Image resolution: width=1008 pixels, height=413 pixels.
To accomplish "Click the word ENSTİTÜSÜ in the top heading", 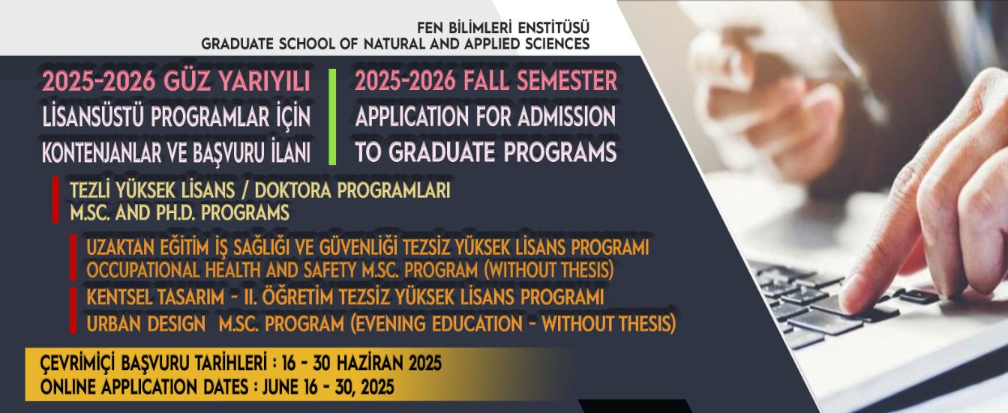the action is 553,28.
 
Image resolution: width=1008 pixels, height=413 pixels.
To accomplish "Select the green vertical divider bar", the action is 332,116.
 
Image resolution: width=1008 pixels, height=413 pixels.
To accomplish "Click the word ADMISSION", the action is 566,116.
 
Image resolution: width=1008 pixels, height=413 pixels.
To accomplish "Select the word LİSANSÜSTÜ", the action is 93,117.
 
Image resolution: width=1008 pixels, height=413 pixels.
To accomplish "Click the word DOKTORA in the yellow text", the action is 293,190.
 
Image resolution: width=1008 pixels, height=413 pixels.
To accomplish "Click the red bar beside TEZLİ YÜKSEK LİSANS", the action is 55,199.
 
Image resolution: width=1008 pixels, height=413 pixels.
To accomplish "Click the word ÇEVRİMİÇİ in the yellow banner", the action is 78,364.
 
